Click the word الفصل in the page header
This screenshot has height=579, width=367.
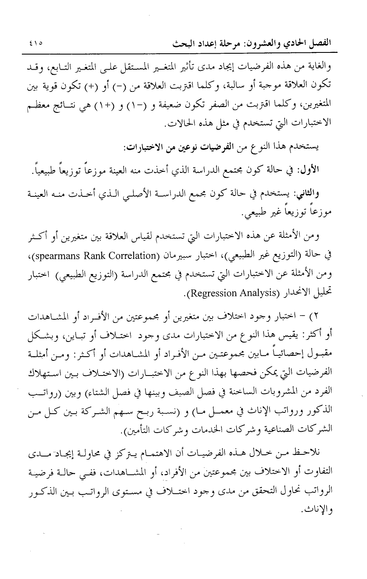(x=318, y=43)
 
